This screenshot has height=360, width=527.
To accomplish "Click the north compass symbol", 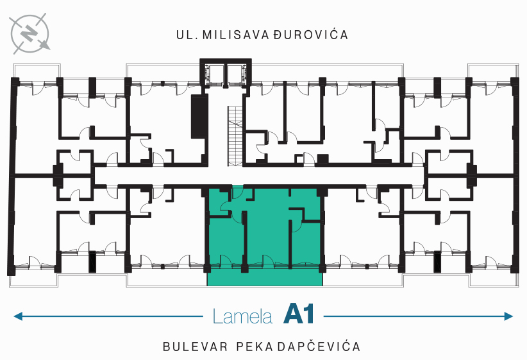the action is tap(29, 33).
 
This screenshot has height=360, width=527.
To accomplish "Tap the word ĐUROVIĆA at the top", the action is tap(310, 34).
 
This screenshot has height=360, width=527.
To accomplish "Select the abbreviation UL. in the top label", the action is tap(187, 35).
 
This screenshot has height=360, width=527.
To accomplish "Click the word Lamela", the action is tap(242, 316).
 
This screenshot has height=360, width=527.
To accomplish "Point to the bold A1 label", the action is tap(299, 314).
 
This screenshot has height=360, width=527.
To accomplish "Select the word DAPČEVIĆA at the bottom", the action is tap(319, 347).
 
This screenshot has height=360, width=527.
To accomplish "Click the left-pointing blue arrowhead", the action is tap(18, 316).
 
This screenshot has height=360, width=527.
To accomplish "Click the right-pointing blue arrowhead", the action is tap(508, 316).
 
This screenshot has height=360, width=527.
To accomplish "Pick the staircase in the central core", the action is tap(235, 136).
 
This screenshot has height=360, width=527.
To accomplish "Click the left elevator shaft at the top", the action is tap(216, 74).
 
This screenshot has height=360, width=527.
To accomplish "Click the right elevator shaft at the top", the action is tap(234, 74).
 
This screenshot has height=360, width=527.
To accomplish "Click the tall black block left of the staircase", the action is tap(199, 116).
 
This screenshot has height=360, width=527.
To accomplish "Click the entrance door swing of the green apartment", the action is tap(238, 192).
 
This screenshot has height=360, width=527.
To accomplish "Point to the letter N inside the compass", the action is tap(29, 33).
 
